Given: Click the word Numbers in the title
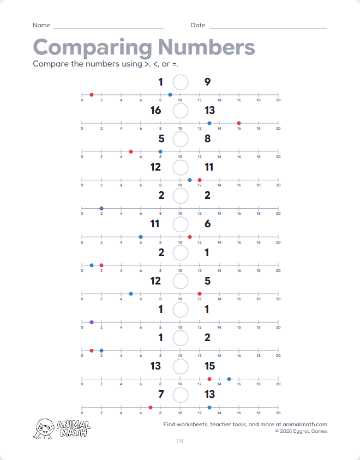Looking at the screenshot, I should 206,47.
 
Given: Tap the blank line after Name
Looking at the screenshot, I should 109,27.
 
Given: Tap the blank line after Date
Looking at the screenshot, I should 268,27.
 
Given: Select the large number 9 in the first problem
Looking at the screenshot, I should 207,82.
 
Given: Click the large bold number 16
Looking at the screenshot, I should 155,111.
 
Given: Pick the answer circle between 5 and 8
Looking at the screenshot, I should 181,139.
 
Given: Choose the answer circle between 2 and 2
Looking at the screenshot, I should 181,196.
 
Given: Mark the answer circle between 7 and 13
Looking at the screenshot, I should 181,394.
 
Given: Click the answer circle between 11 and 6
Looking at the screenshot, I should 181,224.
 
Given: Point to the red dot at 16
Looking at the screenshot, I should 239,123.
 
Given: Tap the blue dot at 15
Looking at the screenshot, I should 229,379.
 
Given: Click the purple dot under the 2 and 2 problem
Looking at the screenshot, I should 101,208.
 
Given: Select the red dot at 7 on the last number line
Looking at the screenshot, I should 151,407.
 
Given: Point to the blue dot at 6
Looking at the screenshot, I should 141,237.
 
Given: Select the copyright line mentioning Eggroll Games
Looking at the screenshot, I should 301,431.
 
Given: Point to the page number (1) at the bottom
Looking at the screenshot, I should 180,441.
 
